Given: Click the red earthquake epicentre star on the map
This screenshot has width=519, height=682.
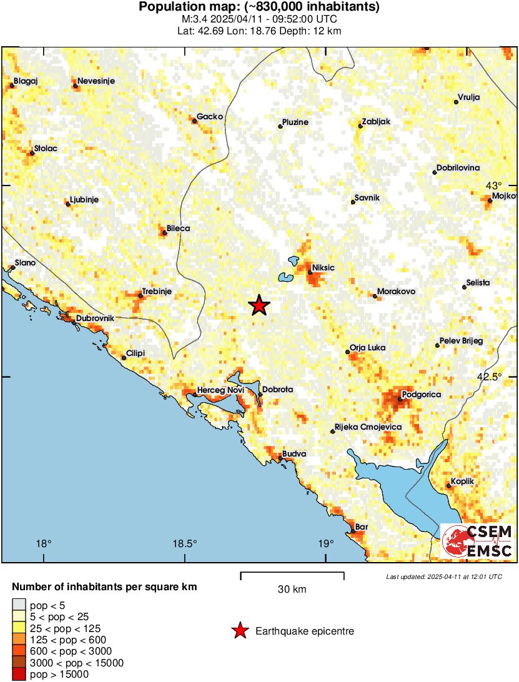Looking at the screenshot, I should coord(259,305).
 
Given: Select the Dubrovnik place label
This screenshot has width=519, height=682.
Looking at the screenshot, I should coord(95,319).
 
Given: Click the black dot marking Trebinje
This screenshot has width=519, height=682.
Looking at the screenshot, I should coord(141,296).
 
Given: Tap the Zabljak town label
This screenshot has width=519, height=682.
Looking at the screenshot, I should coord(377,122).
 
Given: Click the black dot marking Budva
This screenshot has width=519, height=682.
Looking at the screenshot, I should coord(281,459).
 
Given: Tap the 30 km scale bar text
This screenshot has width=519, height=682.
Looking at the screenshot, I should coord(292,589).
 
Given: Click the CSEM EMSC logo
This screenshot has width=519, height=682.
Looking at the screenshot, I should coord(478,541).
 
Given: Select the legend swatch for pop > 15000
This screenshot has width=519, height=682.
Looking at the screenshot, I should coord(19,675).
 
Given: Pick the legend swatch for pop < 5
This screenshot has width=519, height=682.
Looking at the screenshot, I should coord(19,605).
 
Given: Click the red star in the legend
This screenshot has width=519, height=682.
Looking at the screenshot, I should coord(240,631).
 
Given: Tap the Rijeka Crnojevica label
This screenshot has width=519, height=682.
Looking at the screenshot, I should coord(368,427).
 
